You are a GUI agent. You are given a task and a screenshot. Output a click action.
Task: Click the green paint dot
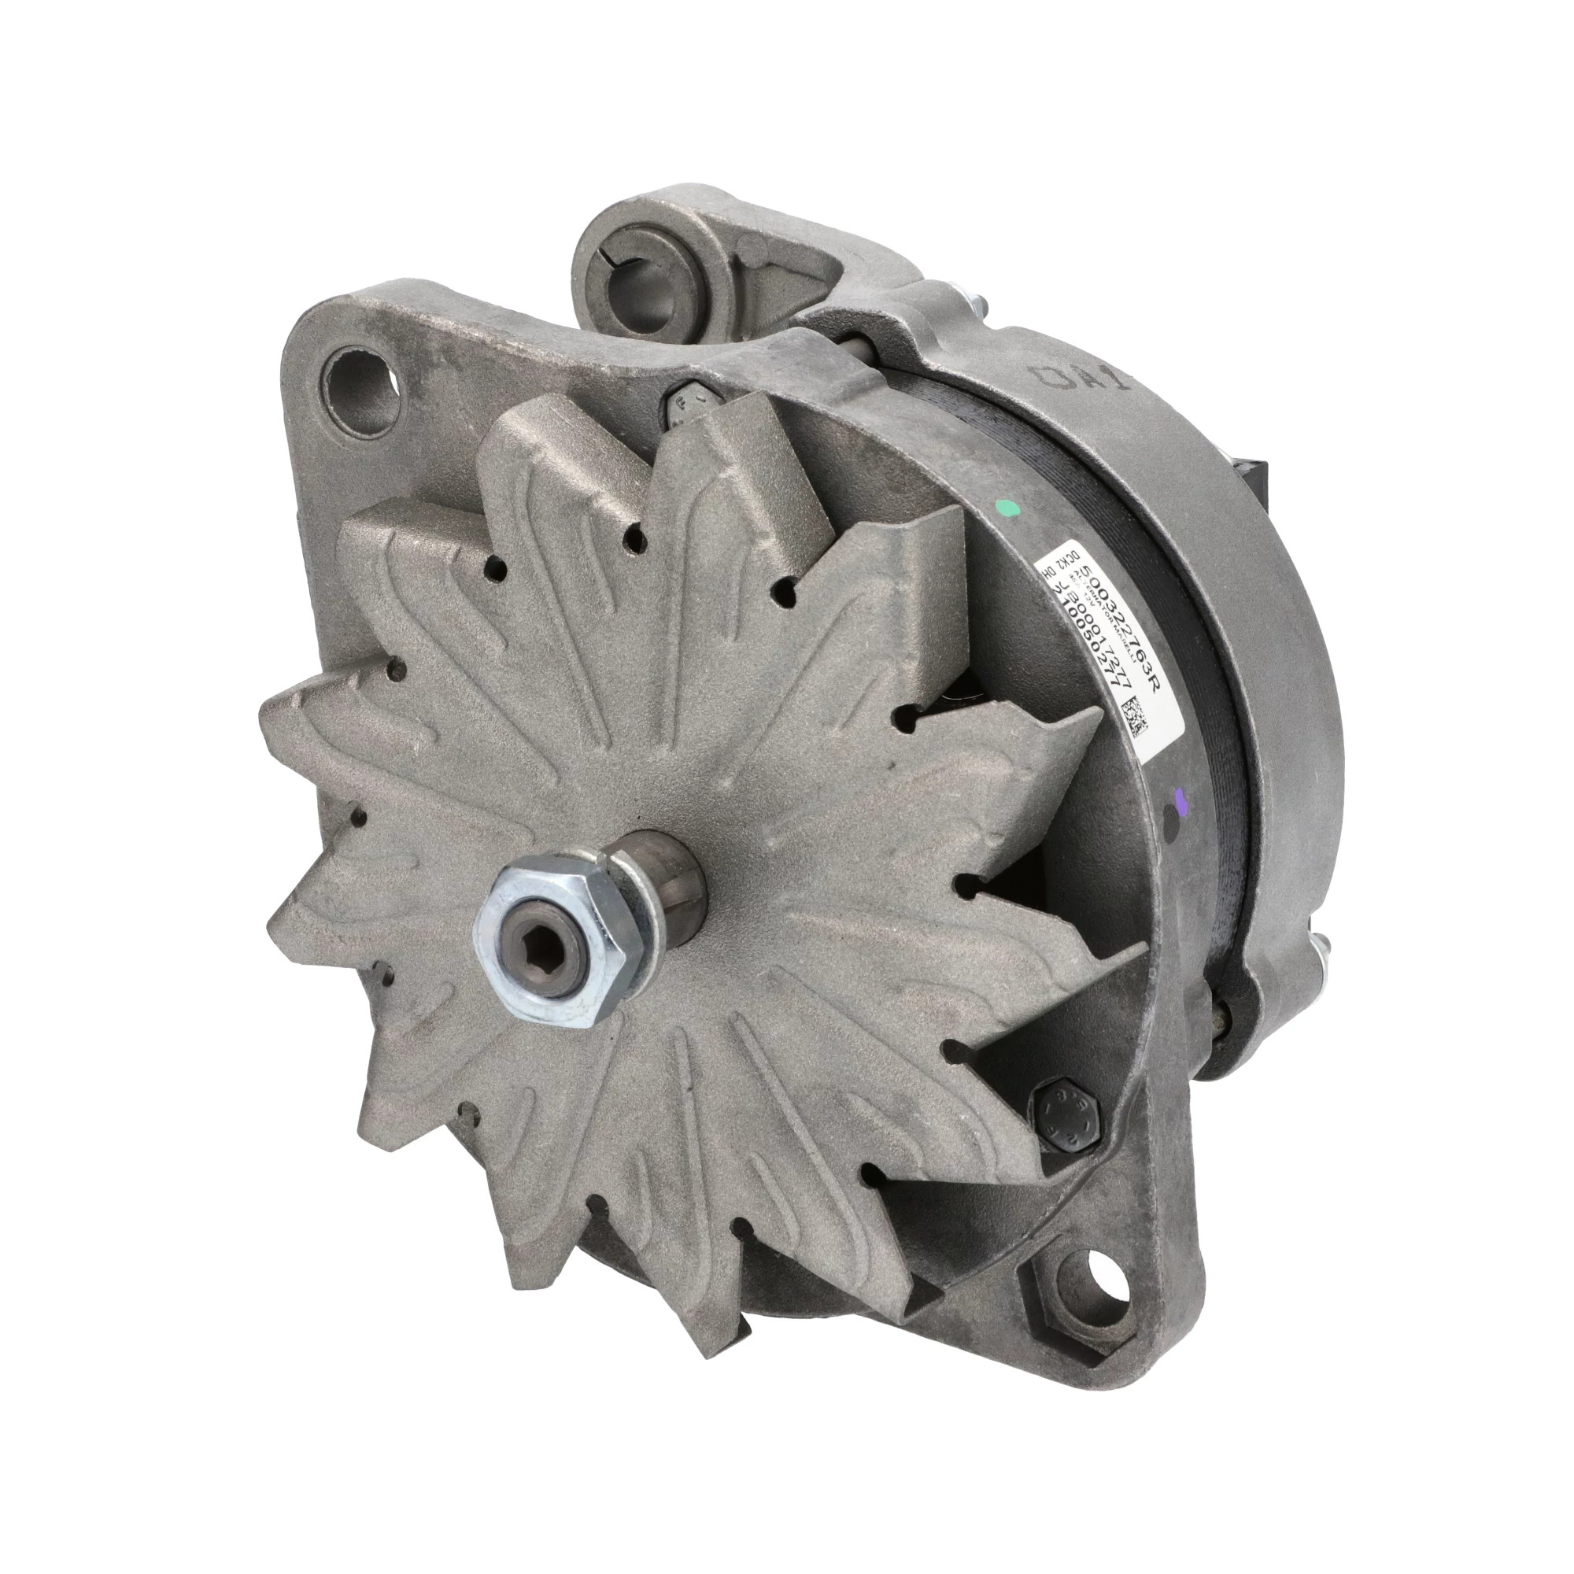point(1010,509)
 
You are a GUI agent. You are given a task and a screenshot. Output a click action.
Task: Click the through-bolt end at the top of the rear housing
point(978,309)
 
